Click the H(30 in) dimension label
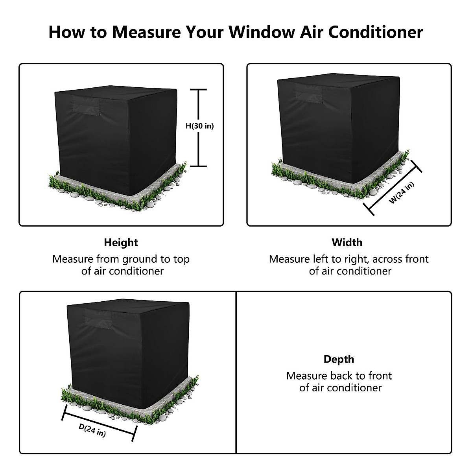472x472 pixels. (x=200, y=126)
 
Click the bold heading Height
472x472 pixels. (x=121, y=243)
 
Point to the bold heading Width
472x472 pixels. (x=347, y=243)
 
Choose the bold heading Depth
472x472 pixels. (x=339, y=359)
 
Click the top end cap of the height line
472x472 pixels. (x=199, y=90)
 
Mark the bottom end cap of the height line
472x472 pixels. (x=199, y=166)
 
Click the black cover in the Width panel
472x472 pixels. (x=338, y=126)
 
